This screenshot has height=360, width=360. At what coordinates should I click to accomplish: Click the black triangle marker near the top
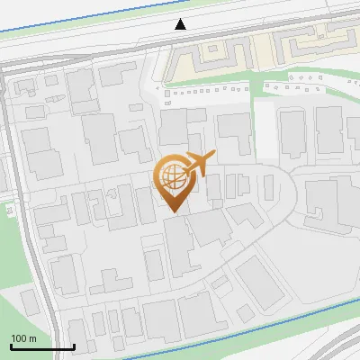tap(181, 24)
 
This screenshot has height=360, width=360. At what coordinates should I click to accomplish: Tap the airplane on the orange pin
tap(198, 165)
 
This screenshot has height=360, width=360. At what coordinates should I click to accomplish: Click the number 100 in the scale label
tap(19, 338)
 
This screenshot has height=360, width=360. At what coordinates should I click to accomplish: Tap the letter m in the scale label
tap(32, 338)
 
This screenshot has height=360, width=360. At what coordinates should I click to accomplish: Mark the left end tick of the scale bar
tap(11, 346)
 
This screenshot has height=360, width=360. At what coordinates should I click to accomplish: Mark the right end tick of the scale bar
tap(74, 346)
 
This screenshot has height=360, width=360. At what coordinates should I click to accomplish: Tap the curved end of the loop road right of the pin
tap(292, 193)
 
